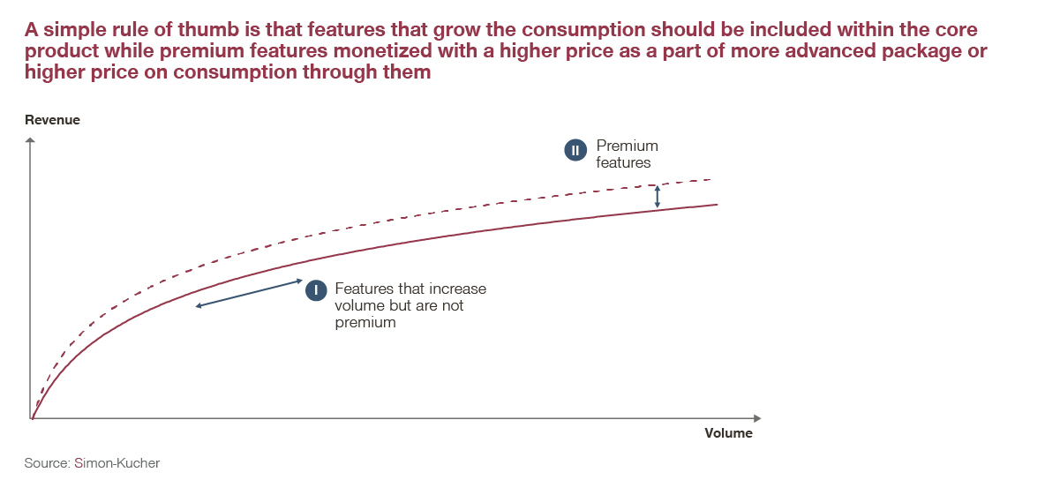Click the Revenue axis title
pyautogui.click(x=52, y=120)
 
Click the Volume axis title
pyautogui.click(x=728, y=433)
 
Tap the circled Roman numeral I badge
pyautogui.click(x=316, y=290)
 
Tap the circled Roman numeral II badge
pyautogui.click(x=575, y=151)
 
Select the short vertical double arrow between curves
pyautogui.click(x=657, y=196)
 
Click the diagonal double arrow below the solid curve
pyautogui.click(x=250, y=294)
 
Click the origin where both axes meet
pyautogui.click(x=32, y=418)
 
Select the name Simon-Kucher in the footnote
pyautogui.click(x=117, y=463)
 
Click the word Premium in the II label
pyautogui.click(x=627, y=146)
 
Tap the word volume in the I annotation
pyautogui.click(x=356, y=306)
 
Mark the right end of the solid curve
pyautogui.click(x=716, y=205)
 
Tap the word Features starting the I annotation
pyautogui.click(x=362, y=289)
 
